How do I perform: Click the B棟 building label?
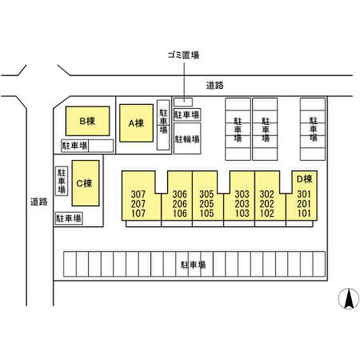coord(87,121)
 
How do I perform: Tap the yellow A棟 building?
coord(136,123)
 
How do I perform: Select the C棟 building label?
coord(84,183)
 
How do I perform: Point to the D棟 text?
coord(304,179)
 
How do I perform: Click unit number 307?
coord(138,194)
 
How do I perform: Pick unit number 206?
coord(180,204)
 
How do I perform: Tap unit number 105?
coord(207,213)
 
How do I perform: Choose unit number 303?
coord(242,194)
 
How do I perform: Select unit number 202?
coord(267,204)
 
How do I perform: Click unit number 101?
coord(304,213)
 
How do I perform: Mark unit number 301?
coord(304,194)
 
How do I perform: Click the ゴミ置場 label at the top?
coord(183,55)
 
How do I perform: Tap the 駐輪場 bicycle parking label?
coord(187,139)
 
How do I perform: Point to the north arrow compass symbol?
coord(349,299)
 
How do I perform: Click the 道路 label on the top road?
coord(214,85)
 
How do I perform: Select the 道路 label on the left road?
coord(39,202)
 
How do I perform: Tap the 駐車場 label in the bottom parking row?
coord(193,265)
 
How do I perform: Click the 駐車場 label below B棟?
coord(75,146)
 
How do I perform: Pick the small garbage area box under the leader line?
coord(183,102)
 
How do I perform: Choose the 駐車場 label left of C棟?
coord(62,181)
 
